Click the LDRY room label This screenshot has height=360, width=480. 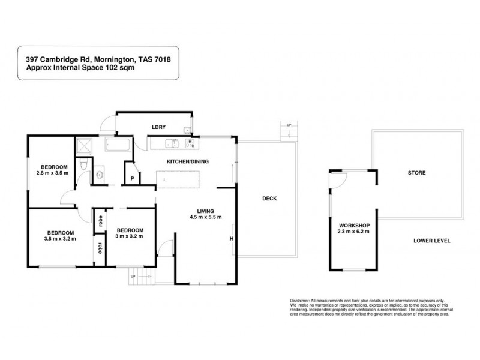158,127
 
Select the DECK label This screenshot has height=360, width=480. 269,199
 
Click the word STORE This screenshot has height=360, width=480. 417,173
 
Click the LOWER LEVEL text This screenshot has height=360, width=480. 431,241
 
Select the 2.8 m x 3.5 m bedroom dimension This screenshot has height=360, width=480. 53,173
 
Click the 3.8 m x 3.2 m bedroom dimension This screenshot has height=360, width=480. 61,239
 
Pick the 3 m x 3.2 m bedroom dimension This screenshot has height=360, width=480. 130,236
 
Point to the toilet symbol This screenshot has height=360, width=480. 86,164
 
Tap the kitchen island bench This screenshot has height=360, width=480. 178,179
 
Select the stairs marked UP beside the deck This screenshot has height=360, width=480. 289,130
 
